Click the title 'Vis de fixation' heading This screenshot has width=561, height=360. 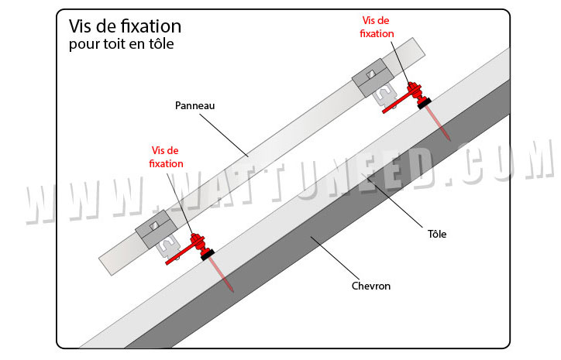pos(125,27)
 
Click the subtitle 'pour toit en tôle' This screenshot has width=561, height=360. pos(121,45)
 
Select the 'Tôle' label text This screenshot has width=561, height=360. pos(437,233)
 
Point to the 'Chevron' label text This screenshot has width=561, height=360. pos(370,286)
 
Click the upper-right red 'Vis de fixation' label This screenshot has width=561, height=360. pos(377,27)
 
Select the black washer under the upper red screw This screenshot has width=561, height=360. pos(423,101)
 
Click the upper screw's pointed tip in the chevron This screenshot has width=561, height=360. pos(449,137)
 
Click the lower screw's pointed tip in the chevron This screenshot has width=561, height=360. pos(232,289)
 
